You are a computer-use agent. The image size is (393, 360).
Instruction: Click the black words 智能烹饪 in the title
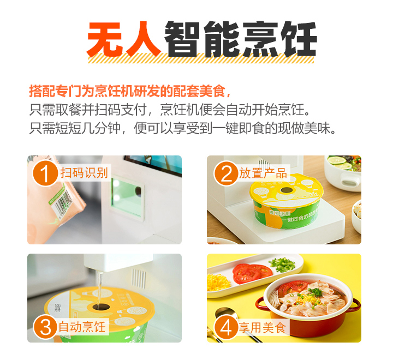[x=241, y=39]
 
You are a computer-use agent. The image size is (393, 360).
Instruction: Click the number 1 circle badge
[x=45, y=174]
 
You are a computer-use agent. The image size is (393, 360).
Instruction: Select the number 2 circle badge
[x=224, y=174]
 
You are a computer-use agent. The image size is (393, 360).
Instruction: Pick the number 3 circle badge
[x=45, y=327]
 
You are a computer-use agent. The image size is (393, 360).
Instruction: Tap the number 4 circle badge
[x=224, y=327]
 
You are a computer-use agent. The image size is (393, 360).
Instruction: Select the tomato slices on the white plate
[x=252, y=271]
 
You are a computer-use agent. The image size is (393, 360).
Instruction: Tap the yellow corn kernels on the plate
[x=217, y=282]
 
